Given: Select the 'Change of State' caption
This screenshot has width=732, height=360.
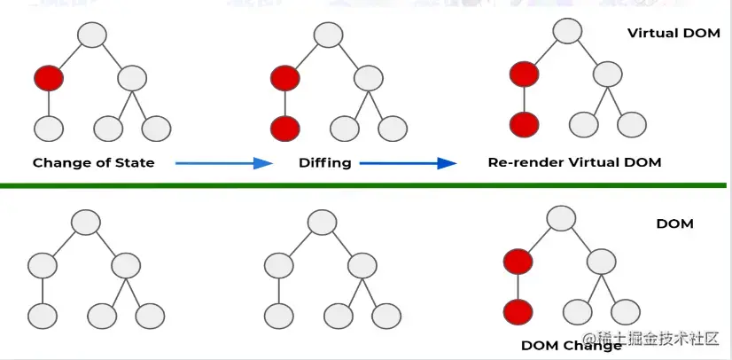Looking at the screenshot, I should pos(93,162).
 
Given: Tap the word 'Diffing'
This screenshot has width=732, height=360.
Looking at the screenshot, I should pos(324,162).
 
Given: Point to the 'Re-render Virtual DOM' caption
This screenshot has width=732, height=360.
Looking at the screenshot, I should pos(574,162).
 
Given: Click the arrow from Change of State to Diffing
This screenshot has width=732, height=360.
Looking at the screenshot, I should pos(223,162).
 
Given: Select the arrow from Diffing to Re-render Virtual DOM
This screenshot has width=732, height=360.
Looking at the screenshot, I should pos(408,162).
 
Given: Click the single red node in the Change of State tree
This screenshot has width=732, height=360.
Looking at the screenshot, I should pos(50,78).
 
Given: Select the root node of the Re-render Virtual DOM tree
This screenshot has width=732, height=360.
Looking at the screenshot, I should pos(567,31).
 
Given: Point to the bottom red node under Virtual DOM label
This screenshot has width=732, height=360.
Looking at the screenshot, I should pos(525,123).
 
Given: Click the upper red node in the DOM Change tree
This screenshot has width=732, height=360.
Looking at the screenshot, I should pos(518,262).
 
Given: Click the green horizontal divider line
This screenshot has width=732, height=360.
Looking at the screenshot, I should pos(363,184).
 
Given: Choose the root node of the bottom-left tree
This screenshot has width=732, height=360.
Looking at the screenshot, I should pos(85,222).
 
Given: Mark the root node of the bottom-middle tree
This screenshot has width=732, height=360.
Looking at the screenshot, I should pos(322,222).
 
